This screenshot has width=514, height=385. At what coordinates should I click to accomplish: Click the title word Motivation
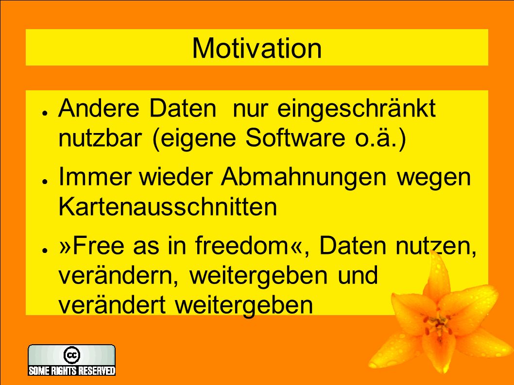[257, 49]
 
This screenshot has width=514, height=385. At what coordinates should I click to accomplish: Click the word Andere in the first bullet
[99, 108]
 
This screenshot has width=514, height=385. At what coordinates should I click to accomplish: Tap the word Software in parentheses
[295, 137]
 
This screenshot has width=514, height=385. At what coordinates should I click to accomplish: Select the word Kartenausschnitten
[168, 207]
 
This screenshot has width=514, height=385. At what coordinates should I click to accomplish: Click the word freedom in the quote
[241, 245]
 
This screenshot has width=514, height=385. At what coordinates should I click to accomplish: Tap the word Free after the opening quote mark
[98, 245]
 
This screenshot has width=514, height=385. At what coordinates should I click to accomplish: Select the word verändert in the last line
[112, 305]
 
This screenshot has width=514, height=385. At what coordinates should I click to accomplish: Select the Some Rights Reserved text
[72, 370]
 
